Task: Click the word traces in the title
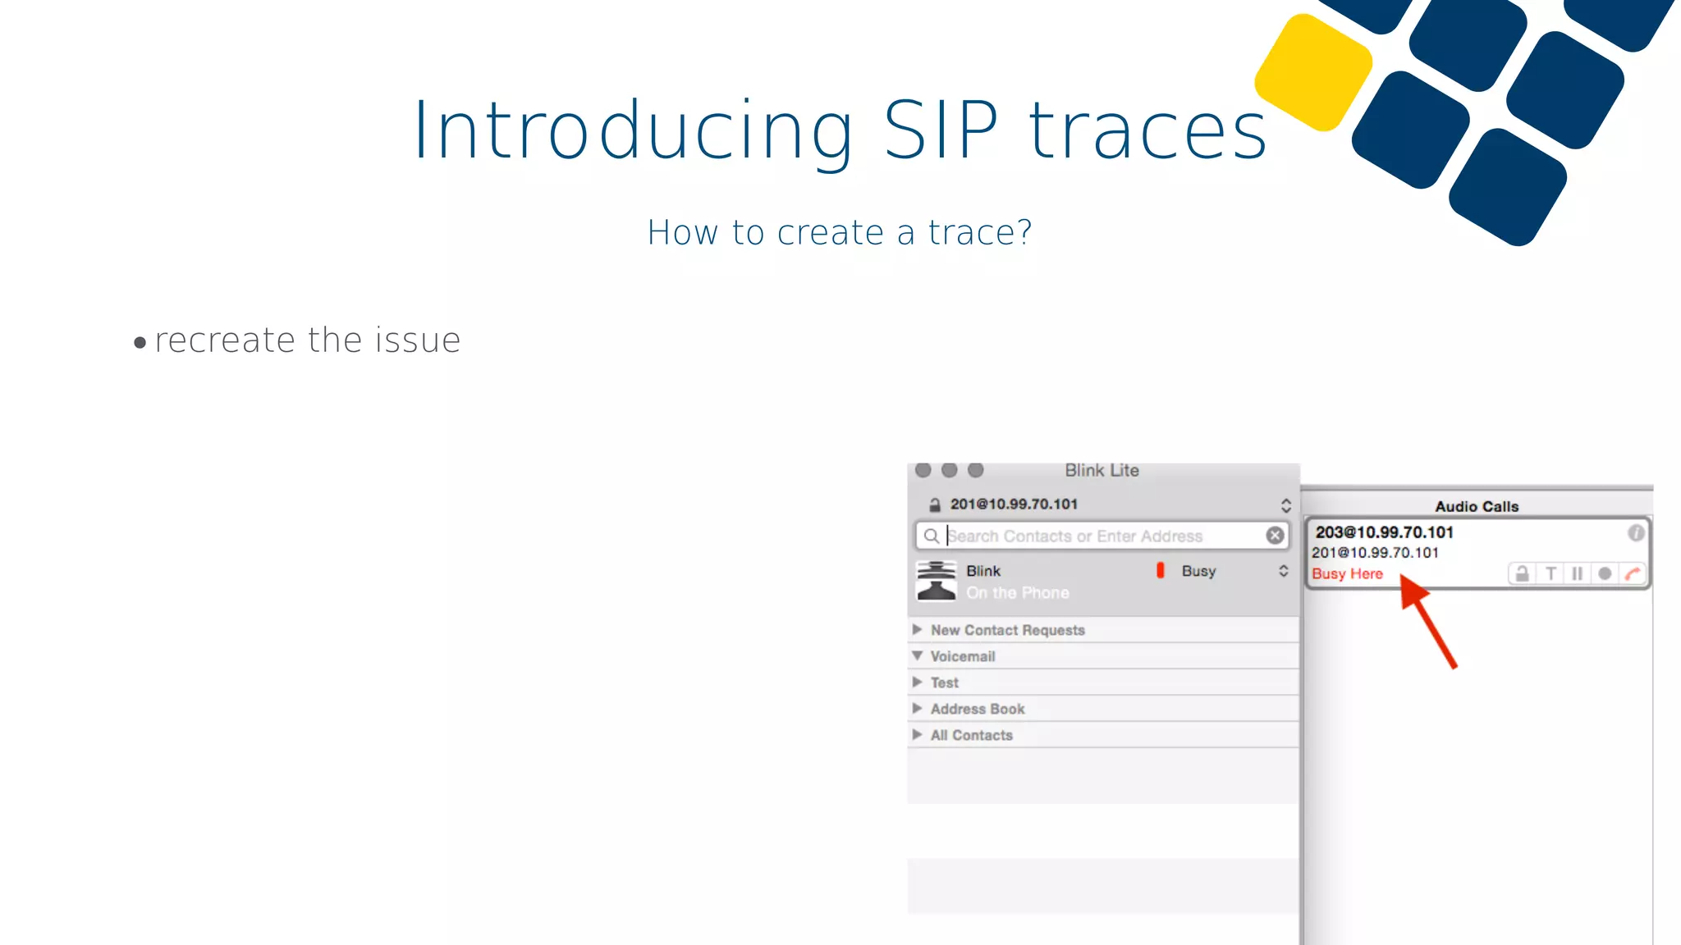(x=1147, y=131)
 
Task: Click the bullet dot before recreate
(x=140, y=343)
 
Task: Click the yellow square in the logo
(x=1313, y=72)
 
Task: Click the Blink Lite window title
(x=1102, y=471)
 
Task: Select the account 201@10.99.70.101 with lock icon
(x=1013, y=504)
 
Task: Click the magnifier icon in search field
(x=931, y=536)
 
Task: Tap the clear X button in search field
(x=1275, y=536)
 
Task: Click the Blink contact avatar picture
(x=937, y=580)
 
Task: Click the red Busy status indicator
(x=1160, y=570)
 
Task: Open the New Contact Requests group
(x=1007, y=630)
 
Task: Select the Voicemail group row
(x=962, y=656)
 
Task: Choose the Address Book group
(x=977, y=709)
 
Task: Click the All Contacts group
(x=971, y=735)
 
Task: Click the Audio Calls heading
(x=1476, y=507)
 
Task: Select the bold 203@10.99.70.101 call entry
(x=1384, y=532)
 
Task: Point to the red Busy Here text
(x=1347, y=574)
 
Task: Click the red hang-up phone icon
(x=1632, y=573)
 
